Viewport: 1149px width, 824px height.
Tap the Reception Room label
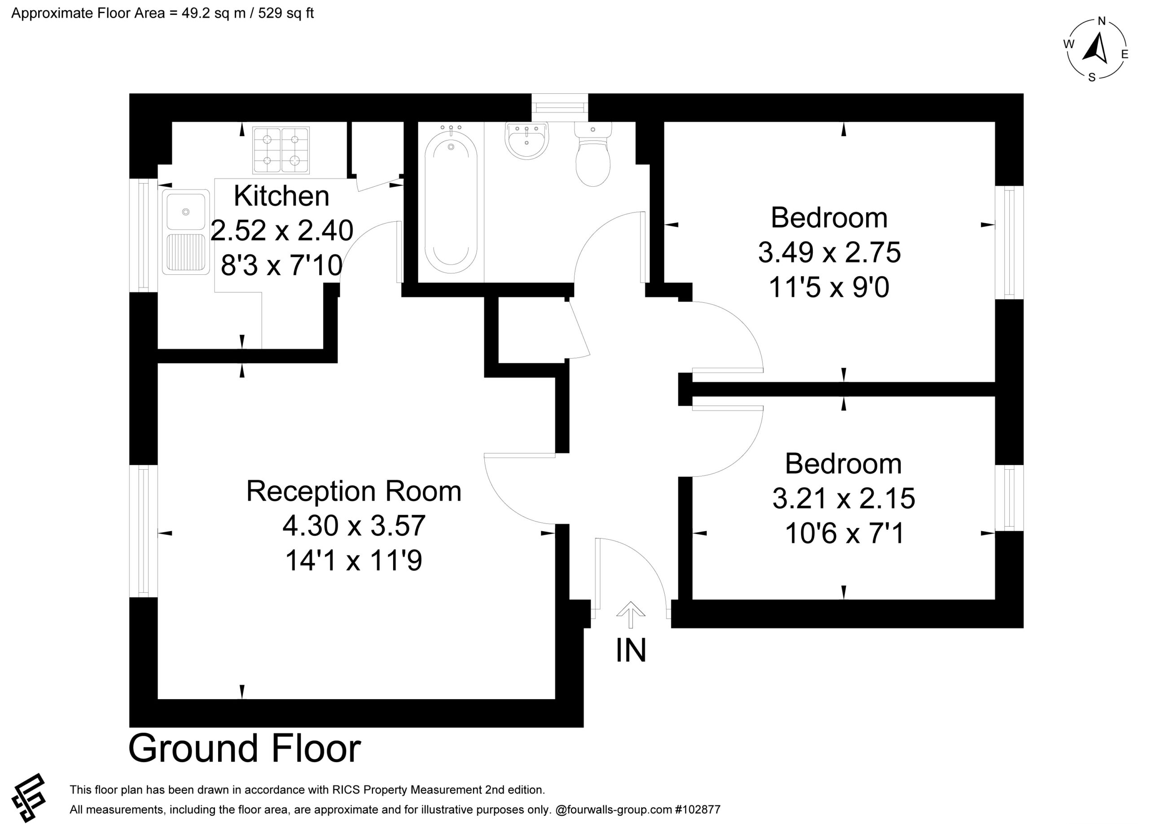[354, 491]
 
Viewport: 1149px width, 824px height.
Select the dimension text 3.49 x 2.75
[829, 252]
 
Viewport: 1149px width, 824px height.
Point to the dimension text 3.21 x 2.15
[843, 498]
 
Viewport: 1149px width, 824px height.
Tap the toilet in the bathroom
[593, 154]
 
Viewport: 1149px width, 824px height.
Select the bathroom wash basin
[527, 141]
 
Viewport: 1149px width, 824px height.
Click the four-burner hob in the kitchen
[281, 150]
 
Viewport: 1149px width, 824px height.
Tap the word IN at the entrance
[631, 650]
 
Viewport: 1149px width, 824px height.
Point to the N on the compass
[1101, 21]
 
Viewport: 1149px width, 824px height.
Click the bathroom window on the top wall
[560, 107]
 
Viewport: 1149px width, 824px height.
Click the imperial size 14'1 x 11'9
[354, 560]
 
